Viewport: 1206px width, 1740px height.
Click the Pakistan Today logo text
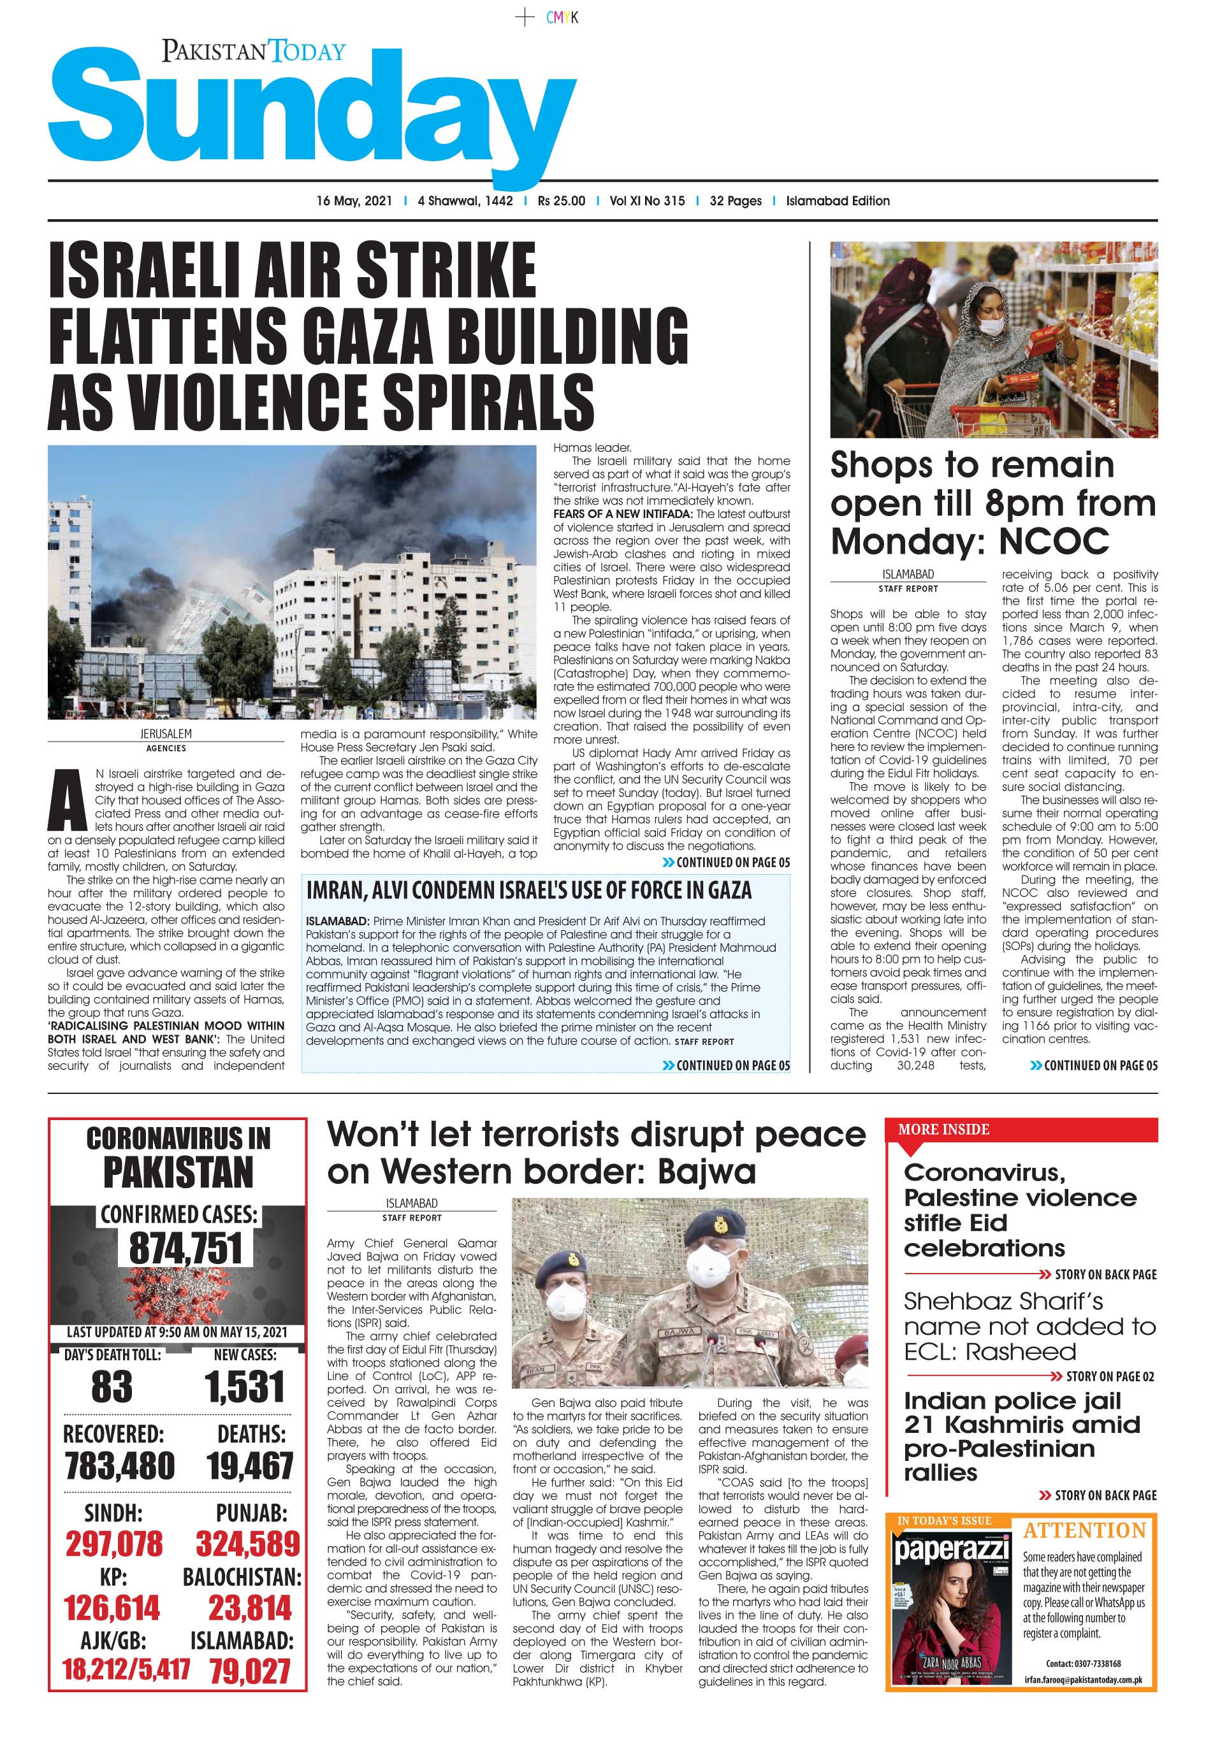[253, 52]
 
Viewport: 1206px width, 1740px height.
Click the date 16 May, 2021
[354, 201]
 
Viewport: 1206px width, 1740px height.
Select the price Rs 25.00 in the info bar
[561, 201]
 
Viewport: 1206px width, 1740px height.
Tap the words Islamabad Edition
[837, 201]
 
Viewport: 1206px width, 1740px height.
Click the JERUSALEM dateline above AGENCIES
[166, 733]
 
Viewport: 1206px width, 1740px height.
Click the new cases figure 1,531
[244, 1386]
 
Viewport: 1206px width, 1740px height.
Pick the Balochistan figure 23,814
[249, 1608]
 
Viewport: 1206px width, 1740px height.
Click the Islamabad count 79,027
[249, 1671]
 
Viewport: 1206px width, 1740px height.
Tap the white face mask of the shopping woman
[991, 326]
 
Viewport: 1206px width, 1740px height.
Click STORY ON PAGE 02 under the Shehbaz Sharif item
[1108, 1376]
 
